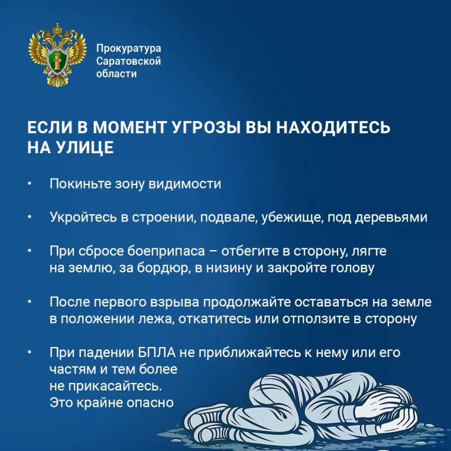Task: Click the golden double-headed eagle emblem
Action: (x=57, y=55)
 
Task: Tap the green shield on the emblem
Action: (x=57, y=61)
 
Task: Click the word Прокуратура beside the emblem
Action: (x=129, y=48)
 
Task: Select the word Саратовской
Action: (x=129, y=61)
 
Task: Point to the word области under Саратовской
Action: (x=116, y=73)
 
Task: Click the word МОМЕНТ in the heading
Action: (x=130, y=127)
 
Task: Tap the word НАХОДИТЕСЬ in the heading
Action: (x=334, y=127)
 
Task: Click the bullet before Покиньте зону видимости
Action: (x=29, y=183)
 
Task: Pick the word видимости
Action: (x=184, y=184)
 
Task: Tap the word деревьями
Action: (x=391, y=218)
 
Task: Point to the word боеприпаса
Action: (x=166, y=251)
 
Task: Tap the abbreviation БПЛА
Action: (x=157, y=352)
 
